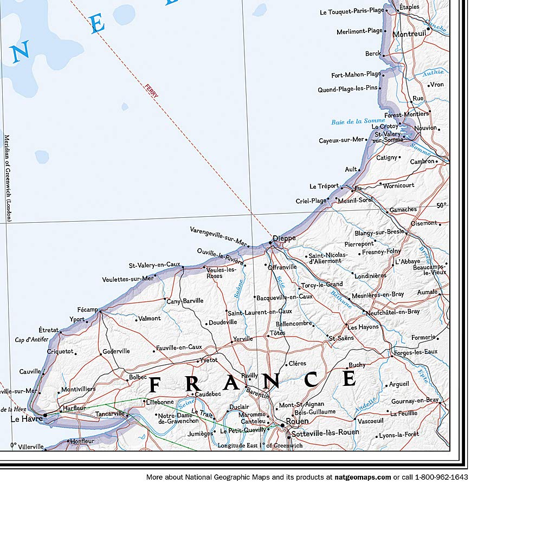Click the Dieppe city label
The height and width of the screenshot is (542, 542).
point(284,238)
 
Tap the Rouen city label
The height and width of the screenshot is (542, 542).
point(297,421)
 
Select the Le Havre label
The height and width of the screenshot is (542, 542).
point(27,418)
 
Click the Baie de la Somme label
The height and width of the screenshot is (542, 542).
point(358,122)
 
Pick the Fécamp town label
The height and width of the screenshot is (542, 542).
point(87,309)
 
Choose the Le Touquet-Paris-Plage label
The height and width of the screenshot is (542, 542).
point(352,11)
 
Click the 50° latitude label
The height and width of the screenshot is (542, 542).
point(442,205)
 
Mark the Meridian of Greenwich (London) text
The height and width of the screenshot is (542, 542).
point(8,178)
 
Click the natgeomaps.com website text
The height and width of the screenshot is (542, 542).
point(362,478)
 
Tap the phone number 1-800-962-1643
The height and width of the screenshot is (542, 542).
point(441,478)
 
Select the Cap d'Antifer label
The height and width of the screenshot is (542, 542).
point(31,340)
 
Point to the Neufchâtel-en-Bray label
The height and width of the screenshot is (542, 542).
point(392,312)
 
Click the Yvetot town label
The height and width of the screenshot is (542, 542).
point(209,360)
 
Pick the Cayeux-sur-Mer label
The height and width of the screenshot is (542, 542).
point(341,140)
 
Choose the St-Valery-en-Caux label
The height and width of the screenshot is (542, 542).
point(154,264)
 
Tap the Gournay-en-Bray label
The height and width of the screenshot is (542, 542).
point(415,401)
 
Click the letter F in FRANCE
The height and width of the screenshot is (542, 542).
point(154,385)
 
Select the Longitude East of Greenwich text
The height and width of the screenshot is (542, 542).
point(260,446)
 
